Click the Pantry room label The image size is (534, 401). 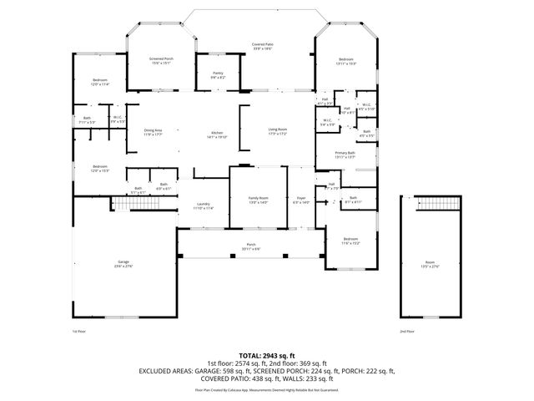[x=218, y=75]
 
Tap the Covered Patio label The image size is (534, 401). [x=263, y=47]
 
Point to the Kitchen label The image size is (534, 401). [x=217, y=135]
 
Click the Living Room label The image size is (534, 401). [x=278, y=131]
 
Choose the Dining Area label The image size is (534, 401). [x=153, y=131]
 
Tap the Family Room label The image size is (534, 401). [x=258, y=200]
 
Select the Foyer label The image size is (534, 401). [x=301, y=200]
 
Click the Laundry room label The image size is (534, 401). [x=204, y=206]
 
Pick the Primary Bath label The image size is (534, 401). [x=345, y=155]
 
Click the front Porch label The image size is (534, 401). [x=251, y=246]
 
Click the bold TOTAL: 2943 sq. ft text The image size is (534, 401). [x=267, y=355]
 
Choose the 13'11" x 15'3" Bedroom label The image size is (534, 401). [x=346, y=61]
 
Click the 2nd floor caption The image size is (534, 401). [x=407, y=331]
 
